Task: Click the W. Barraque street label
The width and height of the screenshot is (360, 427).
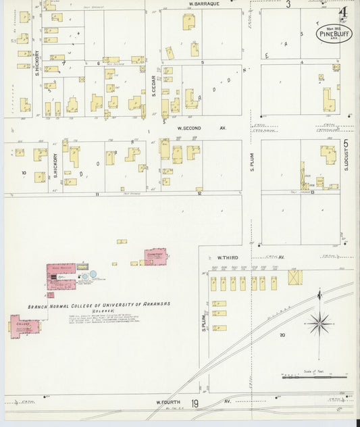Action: (201, 3)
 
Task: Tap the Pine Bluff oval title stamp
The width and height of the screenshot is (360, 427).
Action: (333, 31)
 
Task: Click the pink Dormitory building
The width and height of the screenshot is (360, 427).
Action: (155, 256)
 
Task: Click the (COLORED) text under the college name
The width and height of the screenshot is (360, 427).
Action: (101, 311)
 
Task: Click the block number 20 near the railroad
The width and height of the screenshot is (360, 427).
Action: (283, 335)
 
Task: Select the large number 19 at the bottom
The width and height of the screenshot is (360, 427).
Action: (195, 404)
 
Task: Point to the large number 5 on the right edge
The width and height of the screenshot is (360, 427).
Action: (346, 143)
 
